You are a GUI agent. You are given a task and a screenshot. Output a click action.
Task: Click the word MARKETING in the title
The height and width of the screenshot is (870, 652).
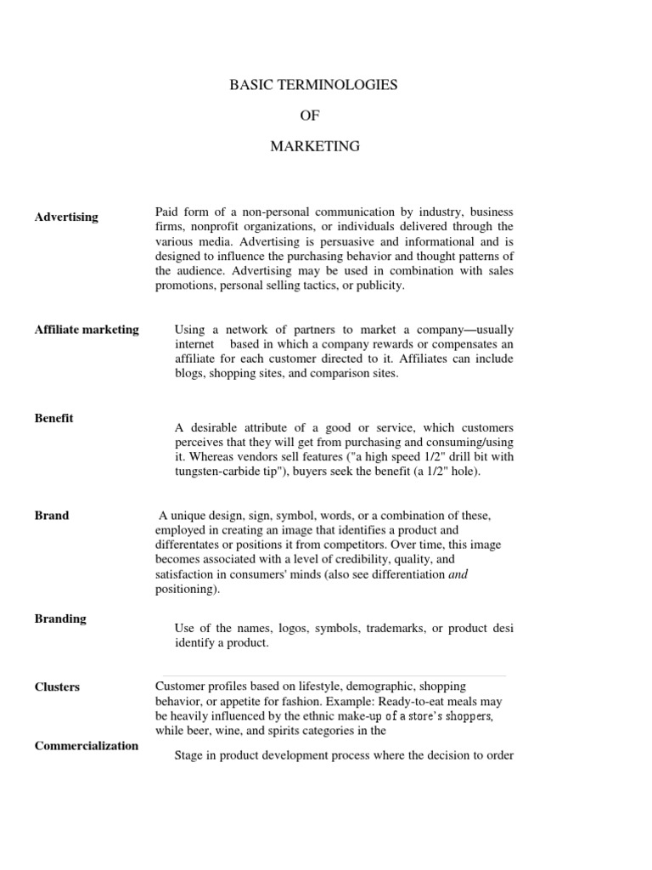click(314, 146)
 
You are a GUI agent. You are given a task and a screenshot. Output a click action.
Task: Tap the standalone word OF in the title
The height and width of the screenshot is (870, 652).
click(314, 116)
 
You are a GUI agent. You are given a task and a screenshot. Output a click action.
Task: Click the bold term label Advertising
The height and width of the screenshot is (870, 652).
click(66, 217)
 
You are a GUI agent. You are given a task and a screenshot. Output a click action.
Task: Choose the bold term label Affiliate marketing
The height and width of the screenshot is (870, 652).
click(87, 330)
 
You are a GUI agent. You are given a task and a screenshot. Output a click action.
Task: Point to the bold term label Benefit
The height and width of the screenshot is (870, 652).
click(54, 418)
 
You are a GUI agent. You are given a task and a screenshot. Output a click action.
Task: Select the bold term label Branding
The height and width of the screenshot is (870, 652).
click(60, 619)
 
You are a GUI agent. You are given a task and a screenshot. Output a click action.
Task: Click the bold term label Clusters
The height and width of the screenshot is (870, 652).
click(58, 686)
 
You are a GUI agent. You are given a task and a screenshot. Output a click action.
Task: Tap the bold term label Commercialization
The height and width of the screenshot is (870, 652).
click(87, 746)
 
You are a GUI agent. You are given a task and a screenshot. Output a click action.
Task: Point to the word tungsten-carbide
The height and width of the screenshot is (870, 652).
click(216, 472)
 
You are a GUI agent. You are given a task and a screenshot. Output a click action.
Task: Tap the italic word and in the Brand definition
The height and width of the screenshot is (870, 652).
click(458, 574)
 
